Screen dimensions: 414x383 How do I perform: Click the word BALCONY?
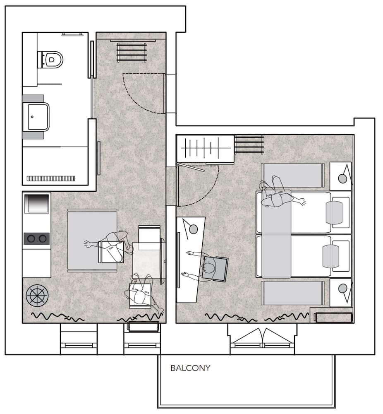point(190,368)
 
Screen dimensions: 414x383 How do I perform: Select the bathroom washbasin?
point(36,117)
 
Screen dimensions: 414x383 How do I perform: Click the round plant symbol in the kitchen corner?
point(37,296)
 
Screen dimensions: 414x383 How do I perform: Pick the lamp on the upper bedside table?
point(342,178)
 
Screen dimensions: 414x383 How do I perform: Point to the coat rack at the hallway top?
point(132,52)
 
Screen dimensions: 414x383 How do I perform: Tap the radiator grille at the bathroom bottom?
point(51,178)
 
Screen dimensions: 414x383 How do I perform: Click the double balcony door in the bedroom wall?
point(262,337)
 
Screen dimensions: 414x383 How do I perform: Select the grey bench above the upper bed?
point(293,175)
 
